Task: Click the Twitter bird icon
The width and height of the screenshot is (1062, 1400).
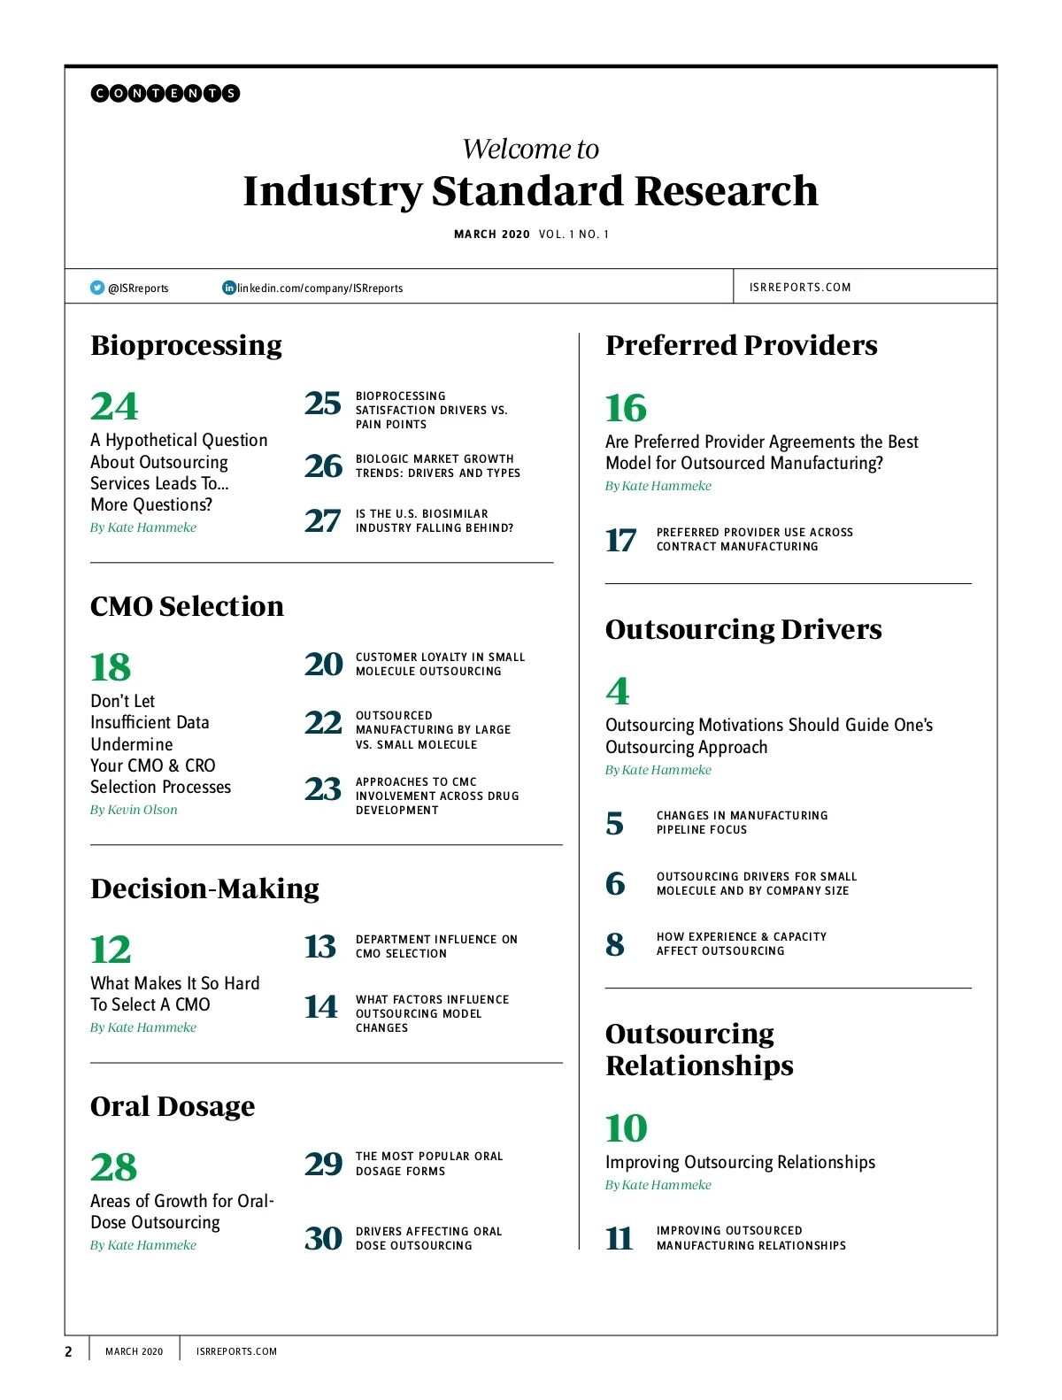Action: point(97,288)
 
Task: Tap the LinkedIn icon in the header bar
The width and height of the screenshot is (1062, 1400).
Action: point(229,288)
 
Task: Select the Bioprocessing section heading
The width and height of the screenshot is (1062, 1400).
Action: point(186,345)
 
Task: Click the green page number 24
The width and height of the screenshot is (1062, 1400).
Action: point(114,407)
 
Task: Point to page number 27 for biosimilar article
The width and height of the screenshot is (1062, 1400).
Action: point(322,520)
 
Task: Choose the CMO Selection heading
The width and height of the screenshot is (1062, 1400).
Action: point(187,606)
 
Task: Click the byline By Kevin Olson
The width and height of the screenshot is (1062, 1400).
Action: point(134,810)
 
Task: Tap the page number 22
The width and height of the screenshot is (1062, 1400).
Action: point(323,723)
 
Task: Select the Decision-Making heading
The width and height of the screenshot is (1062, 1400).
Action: point(204,888)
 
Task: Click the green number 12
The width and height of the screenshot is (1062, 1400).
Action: point(111,950)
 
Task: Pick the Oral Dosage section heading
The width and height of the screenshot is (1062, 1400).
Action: point(173,1106)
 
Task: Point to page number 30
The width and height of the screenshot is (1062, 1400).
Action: point(323,1238)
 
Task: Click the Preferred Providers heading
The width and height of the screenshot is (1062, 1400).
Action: point(742,345)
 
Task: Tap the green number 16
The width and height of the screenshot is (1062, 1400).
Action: point(626,408)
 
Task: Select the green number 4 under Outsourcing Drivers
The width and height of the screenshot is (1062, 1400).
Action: point(618,691)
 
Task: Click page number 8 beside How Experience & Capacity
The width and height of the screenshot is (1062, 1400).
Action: point(615,944)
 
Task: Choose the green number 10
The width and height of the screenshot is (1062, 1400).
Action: point(626,1128)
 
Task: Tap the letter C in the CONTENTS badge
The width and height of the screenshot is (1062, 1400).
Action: point(100,93)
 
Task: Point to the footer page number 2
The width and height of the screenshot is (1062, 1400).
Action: point(68,1351)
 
